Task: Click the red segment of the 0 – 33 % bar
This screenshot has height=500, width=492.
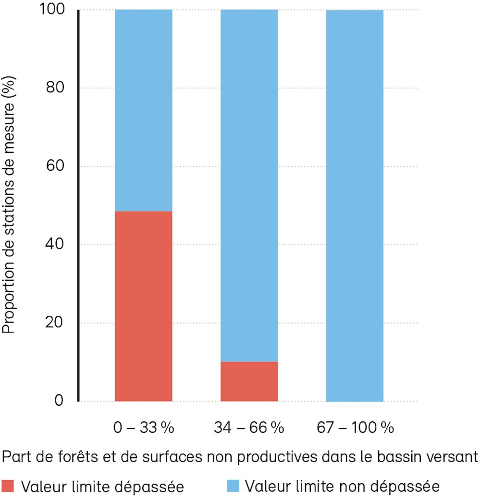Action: pyautogui.click(x=144, y=306)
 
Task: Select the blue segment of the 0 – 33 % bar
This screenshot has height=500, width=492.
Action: pyautogui.click(x=144, y=111)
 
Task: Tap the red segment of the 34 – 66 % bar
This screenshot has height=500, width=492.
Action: pyautogui.click(x=249, y=381)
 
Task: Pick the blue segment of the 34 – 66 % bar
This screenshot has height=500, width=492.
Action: pyautogui.click(x=249, y=185)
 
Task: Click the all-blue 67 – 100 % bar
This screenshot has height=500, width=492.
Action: pyautogui.click(x=355, y=205)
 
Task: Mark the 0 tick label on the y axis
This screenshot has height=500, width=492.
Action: pyautogui.click(x=59, y=400)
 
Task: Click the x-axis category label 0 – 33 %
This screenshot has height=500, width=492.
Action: pyautogui.click(x=144, y=427)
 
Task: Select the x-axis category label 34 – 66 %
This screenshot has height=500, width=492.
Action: pyautogui.click(x=249, y=427)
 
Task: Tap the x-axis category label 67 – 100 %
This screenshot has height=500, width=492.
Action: pyautogui.click(x=355, y=427)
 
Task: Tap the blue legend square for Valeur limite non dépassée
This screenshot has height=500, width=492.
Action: pyautogui.click(x=233, y=486)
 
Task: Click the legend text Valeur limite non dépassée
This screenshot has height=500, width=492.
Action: pyautogui.click(x=342, y=486)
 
